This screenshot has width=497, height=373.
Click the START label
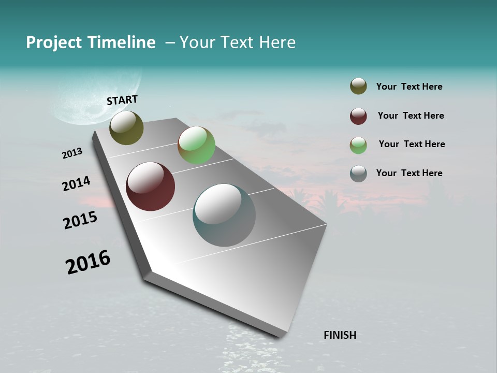click(x=122, y=100)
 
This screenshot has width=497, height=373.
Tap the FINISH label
click(x=340, y=335)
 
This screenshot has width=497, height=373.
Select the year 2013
click(x=72, y=153)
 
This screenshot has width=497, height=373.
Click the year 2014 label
click(x=76, y=184)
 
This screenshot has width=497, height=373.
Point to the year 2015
click(x=80, y=220)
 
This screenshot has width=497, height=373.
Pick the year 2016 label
click(x=88, y=262)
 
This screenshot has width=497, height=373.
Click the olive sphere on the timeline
click(x=126, y=127)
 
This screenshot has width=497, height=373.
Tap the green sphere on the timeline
click(x=196, y=145)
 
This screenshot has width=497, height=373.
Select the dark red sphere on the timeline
click(x=150, y=187)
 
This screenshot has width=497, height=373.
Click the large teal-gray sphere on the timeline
click(x=224, y=215)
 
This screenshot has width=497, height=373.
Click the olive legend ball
click(x=358, y=87)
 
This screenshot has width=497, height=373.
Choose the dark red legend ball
click(x=358, y=116)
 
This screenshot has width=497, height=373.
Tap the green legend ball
click(x=358, y=145)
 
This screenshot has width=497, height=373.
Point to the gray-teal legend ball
click(x=358, y=174)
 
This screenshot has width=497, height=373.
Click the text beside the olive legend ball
click(x=409, y=87)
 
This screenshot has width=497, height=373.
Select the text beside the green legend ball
click(x=412, y=144)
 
